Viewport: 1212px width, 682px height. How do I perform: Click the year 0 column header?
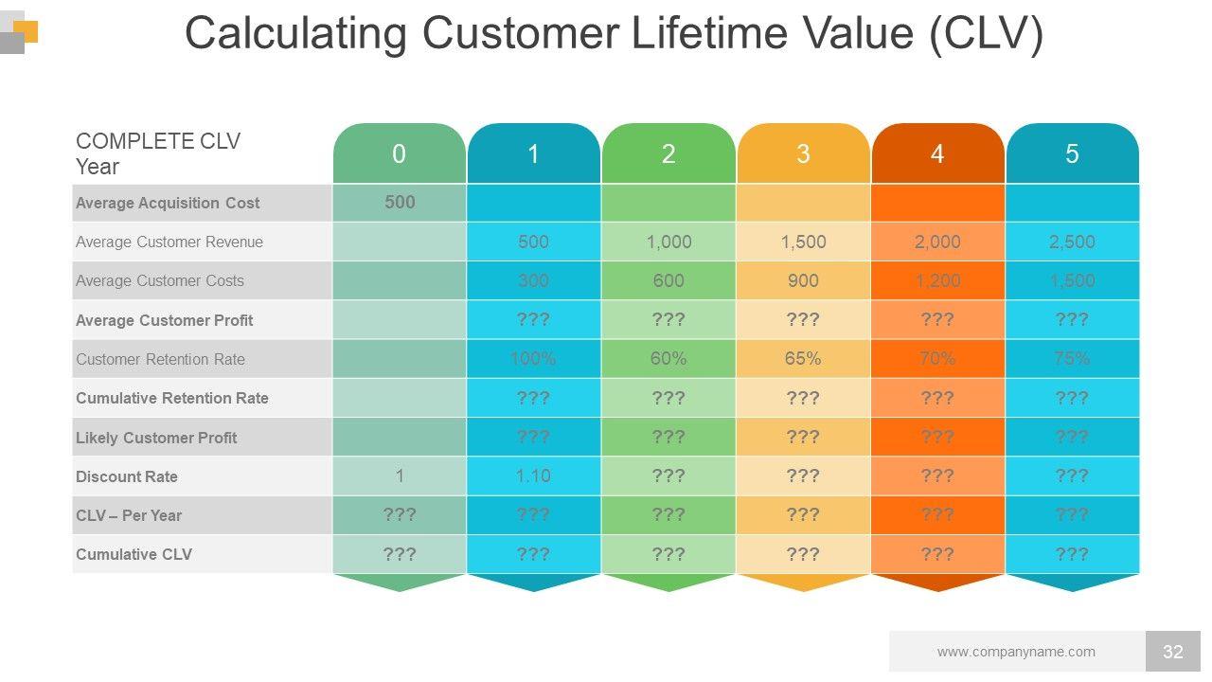tap(399, 154)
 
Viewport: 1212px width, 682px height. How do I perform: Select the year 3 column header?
tap(803, 154)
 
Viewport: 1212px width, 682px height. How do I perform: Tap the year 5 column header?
tap(1072, 154)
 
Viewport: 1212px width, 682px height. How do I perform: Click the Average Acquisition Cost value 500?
tap(400, 202)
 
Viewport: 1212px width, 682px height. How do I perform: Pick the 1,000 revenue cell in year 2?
tap(668, 242)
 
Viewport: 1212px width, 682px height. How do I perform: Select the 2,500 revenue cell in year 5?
tap(1072, 242)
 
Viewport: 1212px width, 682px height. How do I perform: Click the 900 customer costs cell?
tap(803, 280)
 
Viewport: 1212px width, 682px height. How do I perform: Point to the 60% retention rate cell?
tap(668, 359)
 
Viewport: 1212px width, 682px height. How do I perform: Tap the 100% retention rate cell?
tap(533, 359)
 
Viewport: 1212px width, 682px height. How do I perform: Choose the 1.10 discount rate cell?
tap(533, 476)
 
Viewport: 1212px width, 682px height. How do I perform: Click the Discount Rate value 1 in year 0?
tap(400, 476)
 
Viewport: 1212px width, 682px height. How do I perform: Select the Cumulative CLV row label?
tap(134, 554)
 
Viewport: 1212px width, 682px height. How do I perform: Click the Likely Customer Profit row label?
tap(156, 438)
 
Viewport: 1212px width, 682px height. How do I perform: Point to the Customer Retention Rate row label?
tap(160, 359)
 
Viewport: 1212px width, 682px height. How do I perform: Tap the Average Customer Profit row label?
tap(164, 320)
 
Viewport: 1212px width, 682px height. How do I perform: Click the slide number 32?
tap(1173, 652)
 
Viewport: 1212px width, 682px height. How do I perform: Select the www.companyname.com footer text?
tap(1016, 652)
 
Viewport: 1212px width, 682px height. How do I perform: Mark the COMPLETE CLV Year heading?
tap(158, 153)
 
